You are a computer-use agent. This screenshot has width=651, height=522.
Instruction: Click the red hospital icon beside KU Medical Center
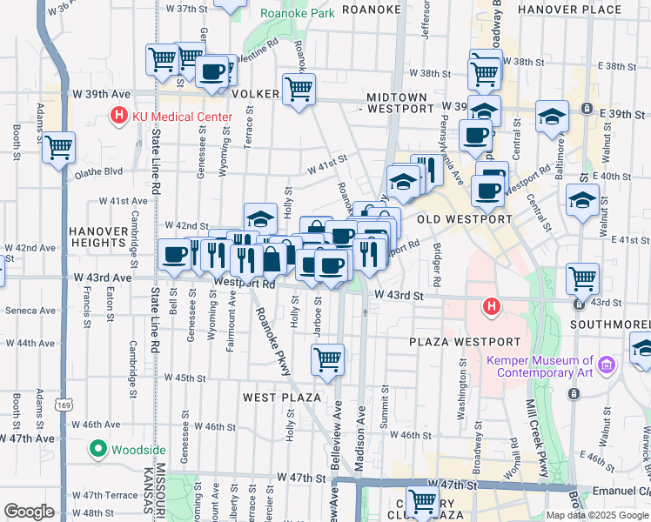117,116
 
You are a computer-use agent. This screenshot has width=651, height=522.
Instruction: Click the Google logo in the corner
29,512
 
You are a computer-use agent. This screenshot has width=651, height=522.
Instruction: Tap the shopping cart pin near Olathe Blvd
59,148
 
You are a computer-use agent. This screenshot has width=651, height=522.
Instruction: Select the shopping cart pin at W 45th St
327,358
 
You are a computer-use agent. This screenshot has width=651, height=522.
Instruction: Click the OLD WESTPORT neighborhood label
465,219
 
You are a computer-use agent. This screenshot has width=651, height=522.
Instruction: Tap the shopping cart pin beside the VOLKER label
299,89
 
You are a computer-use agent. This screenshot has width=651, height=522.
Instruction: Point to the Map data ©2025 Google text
596,515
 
